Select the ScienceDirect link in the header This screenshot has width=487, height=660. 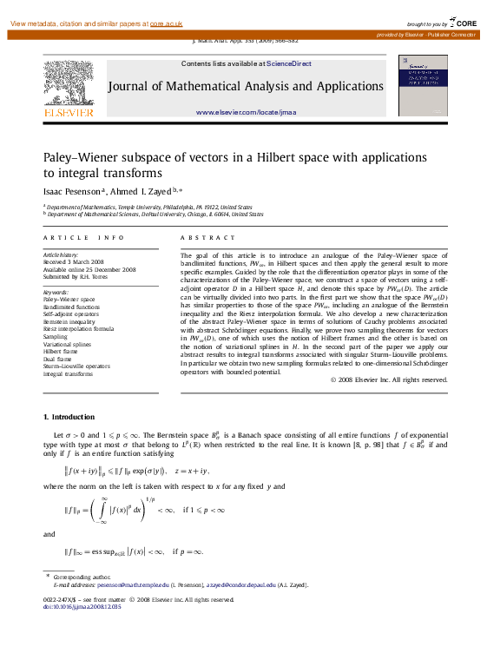point(289,63)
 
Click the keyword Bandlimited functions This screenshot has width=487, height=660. point(71,307)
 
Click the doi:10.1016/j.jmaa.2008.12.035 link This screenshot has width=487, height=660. point(82,606)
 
